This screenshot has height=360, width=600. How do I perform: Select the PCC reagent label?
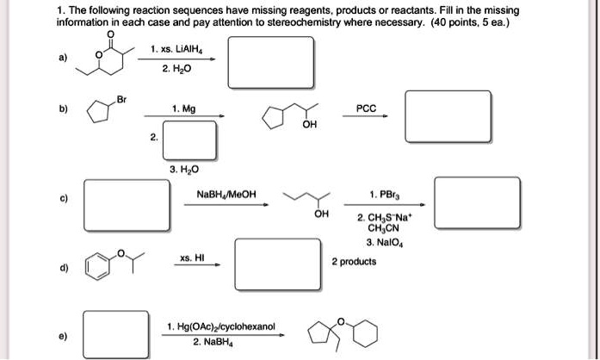click(364, 110)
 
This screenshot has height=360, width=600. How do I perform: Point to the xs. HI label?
click(190, 258)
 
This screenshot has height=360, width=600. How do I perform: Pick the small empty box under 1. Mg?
click(189, 139)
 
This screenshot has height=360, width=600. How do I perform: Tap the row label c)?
click(65, 201)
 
